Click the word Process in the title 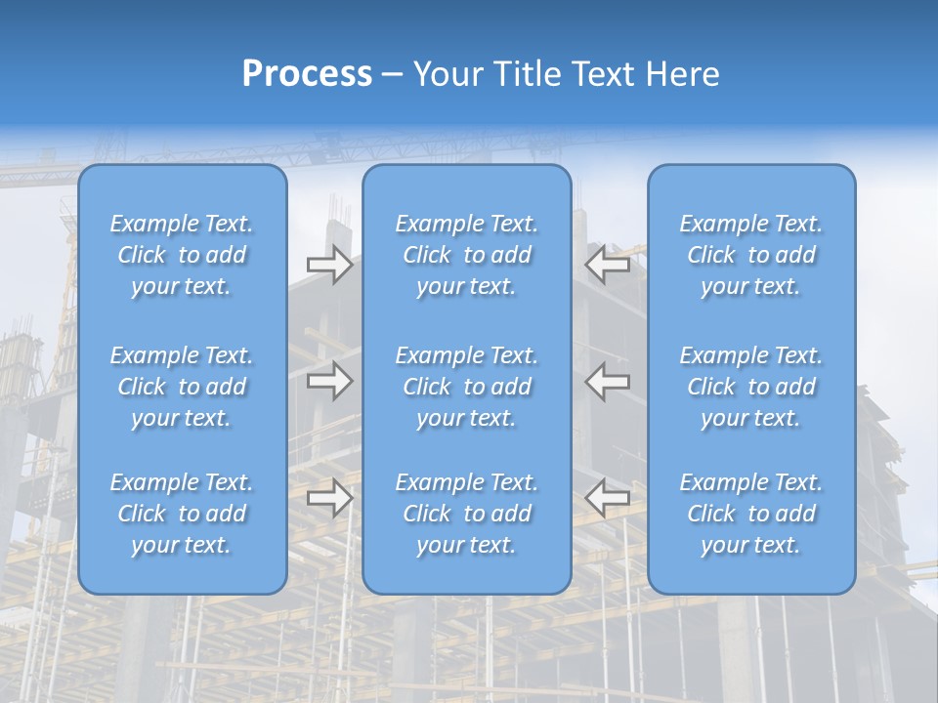pyautogui.click(x=307, y=74)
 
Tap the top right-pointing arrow pyautogui.click(x=329, y=265)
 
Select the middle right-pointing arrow pyautogui.click(x=329, y=381)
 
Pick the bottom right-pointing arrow pyautogui.click(x=329, y=498)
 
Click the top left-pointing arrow pyautogui.click(x=607, y=265)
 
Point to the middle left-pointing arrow pyautogui.click(x=607, y=381)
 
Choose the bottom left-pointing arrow pyautogui.click(x=607, y=498)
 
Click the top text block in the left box pyautogui.click(x=182, y=255)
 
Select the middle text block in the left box pyautogui.click(x=182, y=387)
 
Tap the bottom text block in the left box pyautogui.click(x=182, y=514)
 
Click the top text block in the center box pyautogui.click(x=467, y=255)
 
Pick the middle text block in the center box pyautogui.click(x=467, y=387)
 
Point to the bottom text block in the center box pyautogui.click(x=467, y=514)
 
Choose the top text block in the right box pyautogui.click(x=751, y=255)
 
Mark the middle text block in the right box pyautogui.click(x=751, y=387)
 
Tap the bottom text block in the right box pyautogui.click(x=751, y=514)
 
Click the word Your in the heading pyautogui.click(x=448, y=74)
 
